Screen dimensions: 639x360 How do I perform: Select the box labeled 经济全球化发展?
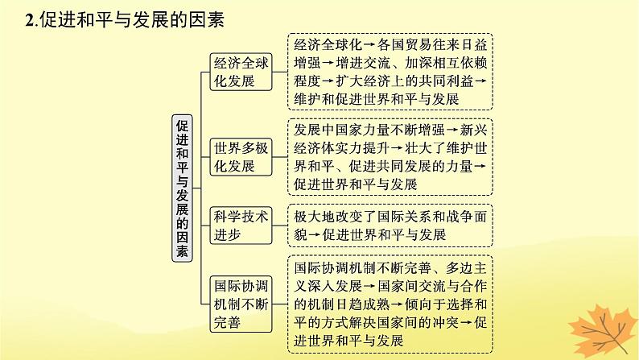coord(238,70)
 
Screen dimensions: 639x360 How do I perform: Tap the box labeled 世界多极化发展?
coord(238,156)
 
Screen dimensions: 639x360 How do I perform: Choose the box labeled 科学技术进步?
coord(238,224)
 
